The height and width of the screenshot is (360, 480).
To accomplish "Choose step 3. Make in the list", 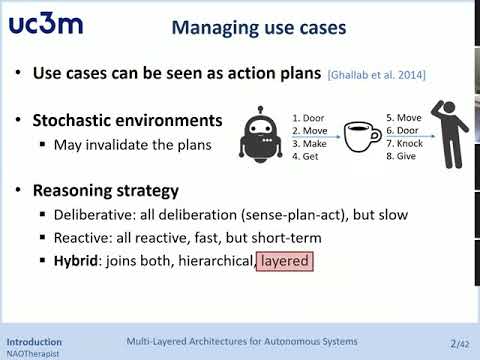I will [x=311, y=144].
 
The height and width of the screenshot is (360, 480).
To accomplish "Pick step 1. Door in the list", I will [x=311, y=116].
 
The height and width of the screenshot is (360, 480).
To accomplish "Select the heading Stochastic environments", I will [x=127, y=121].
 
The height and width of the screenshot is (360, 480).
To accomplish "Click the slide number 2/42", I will [x=460, y=343].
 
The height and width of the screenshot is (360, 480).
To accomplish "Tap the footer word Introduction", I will [x=34, y=341].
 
